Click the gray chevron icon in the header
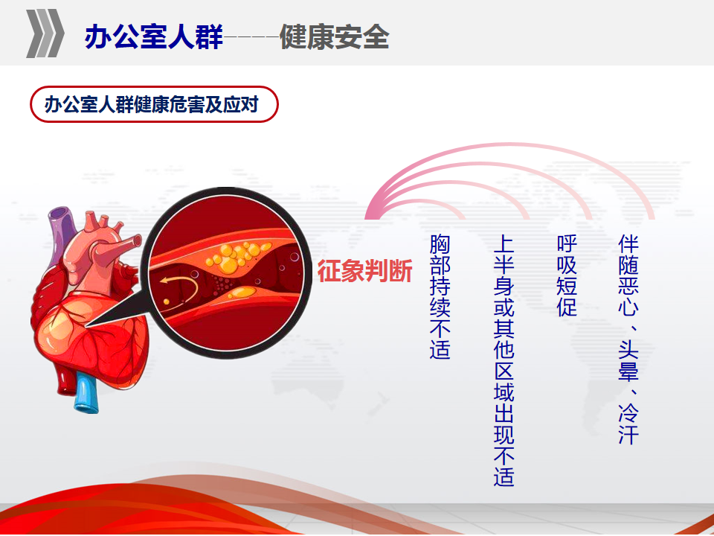pos(45,33)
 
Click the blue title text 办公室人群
pos(153,36)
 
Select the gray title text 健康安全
pos(334,36)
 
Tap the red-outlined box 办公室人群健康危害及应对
pos(154,104)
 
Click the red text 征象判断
pos(364,271)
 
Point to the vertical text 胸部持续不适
pos(440,297)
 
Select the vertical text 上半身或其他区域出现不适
pos(504,360)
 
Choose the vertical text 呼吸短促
pos(567,275)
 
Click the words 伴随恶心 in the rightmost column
pos(628,275)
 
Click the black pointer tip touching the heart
pos(86,326)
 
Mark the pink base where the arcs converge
pos(372,215)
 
